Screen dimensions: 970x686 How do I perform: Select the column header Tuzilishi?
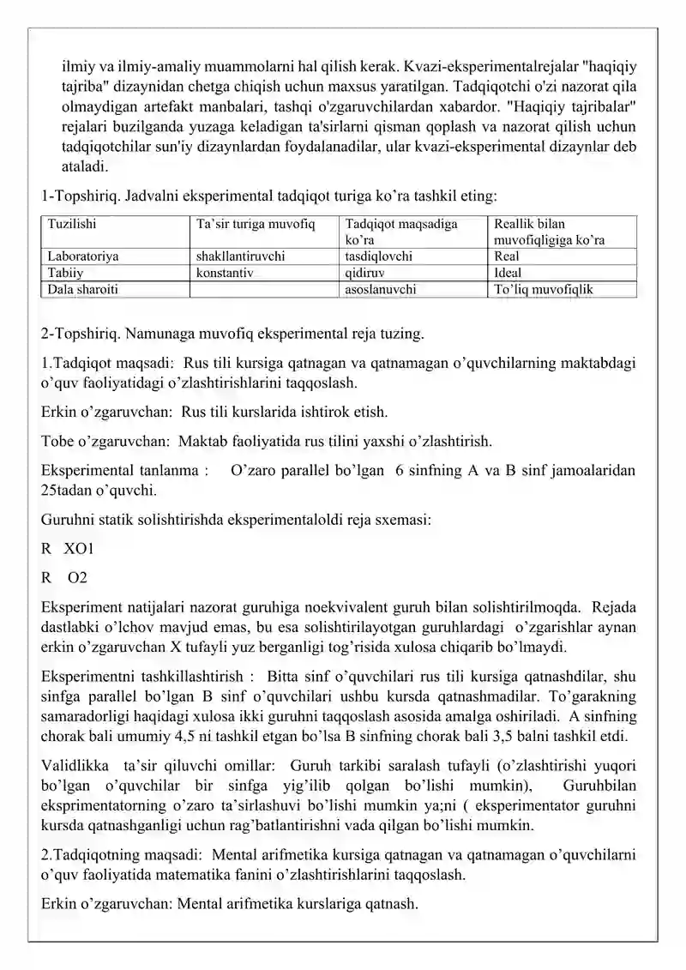pos(72,224)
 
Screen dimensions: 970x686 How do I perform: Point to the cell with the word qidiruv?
pos(364,272)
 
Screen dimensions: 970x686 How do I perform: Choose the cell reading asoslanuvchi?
pos(380,289)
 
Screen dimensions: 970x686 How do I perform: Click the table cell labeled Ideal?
pos(509,272)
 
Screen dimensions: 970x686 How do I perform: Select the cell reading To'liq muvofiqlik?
pos(544,289)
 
